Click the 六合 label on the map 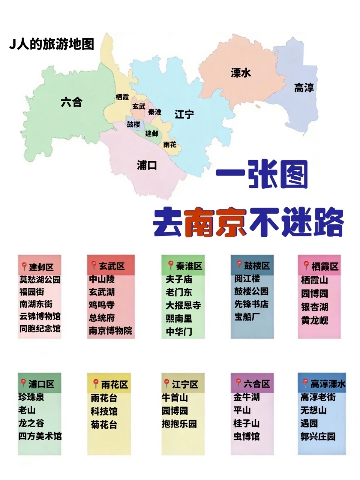(71, 102)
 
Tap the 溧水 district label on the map (241, 73)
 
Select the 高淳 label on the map (304, 88)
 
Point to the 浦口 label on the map (147, 165)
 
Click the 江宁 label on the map (184, 114)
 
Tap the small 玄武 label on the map (139, 106)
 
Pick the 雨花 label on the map (169, 144)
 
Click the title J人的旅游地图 (52, 44)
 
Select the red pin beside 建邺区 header (24, 267)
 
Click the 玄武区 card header (111, 266)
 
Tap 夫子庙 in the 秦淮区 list (179, 279)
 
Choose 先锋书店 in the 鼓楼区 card (251, 304)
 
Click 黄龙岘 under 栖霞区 (315, 320)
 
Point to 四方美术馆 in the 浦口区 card (40, 436)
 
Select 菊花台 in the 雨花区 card (104, 424)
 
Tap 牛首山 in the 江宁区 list (175, 397)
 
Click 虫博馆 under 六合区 (246, 436)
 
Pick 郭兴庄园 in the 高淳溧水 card (318, 436)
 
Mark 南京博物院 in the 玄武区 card (110, 331)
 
